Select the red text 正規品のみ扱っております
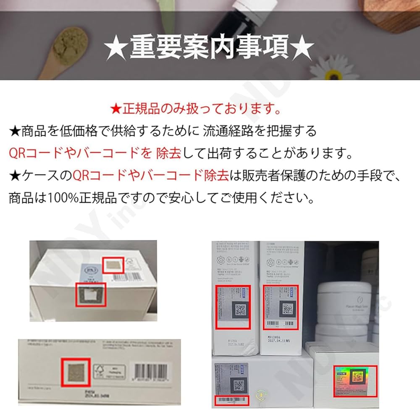point(196,110)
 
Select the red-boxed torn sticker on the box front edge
point(89,294)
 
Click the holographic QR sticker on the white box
point(355,380)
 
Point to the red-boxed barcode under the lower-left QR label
point(231,401)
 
